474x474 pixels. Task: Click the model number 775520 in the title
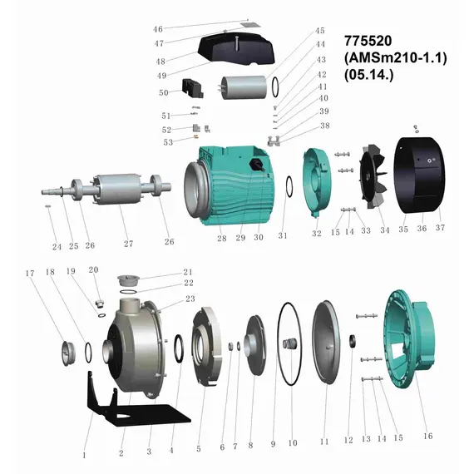pyautogui.click(x=368, y=41)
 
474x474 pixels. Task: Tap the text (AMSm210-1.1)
pyautogui.click(x=395, y=57)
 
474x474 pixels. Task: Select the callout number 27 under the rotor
pyautogui.click(x=128, y=244)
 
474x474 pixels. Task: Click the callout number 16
pyautogui.click(x=428, y=436)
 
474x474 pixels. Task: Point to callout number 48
pyautogui.click(x=160, y=62)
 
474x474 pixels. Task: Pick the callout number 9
pyautogui.click(x=273, y=444)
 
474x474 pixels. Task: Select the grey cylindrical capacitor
pyautogui.click(x=244, y=87)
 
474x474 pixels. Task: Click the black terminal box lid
pyautogui.click(x=236, y=49)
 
